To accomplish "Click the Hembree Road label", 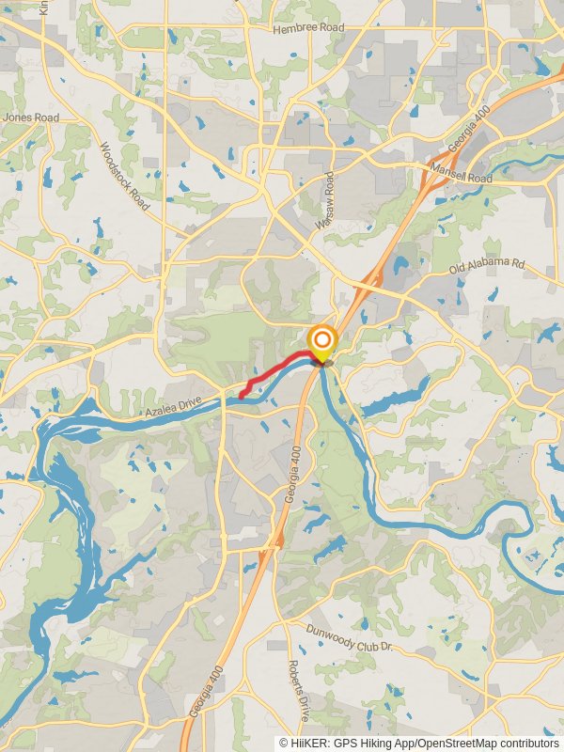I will [x=308, y=29].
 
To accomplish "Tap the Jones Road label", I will [x=31, y=117].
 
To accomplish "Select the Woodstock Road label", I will [x=124, y=177].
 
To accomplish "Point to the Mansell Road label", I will [x=461, y=172].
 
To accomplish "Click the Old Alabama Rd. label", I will [x=486, y=265].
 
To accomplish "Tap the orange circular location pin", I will [x=322, y=340].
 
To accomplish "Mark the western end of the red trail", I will [x=241, y=397].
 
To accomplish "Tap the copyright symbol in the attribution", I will [x=283, y=743].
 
